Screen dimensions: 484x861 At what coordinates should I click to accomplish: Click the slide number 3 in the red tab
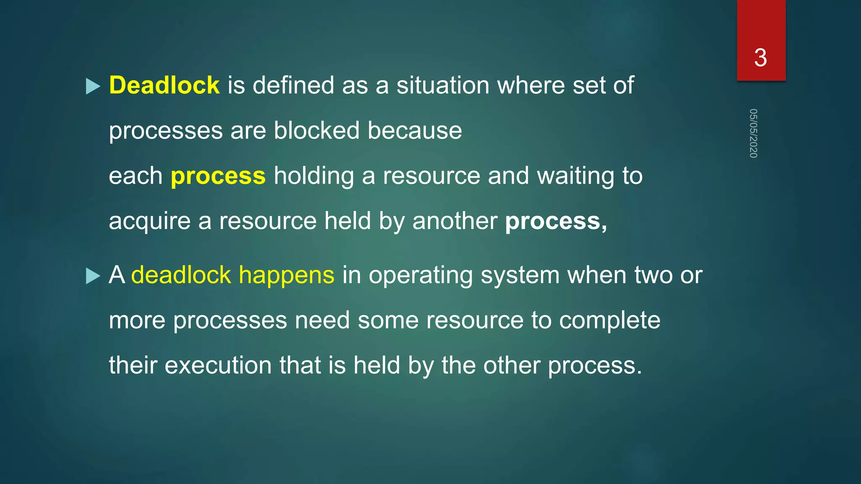click(761, 58)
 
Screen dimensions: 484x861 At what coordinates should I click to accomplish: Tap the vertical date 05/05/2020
click(753, 133)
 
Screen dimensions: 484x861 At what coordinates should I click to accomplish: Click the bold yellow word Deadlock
click(164, 85)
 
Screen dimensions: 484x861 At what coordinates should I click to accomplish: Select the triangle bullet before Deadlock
click(93, 87)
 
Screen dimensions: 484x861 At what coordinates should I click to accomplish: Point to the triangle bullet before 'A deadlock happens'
click(93, 276)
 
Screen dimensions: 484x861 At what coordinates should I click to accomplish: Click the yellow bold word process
click(218, 176)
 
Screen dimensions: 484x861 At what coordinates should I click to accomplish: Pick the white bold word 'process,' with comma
click(556, 221)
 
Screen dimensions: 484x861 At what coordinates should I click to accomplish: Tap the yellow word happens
click(286, 275)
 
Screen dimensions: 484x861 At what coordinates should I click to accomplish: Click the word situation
click(443, 85)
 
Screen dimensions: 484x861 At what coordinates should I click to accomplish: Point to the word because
click(415, 130)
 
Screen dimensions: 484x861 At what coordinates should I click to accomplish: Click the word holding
click(314, 176)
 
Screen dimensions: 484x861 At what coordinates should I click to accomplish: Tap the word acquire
click(150, 221)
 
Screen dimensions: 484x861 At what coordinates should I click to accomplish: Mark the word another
click(455, 221)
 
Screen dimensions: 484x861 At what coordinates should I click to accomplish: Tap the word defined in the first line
click(293, 85)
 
